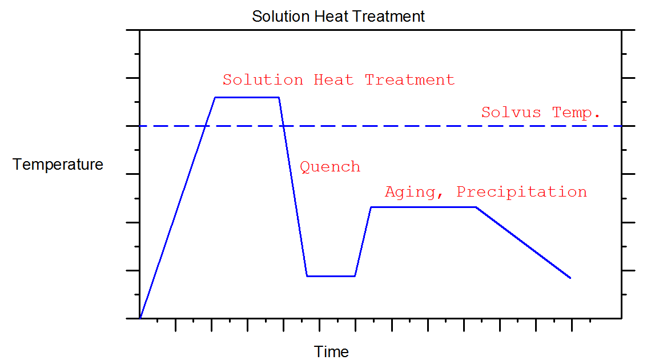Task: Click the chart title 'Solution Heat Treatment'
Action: coord(338,16)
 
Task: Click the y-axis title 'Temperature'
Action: coord(58,165)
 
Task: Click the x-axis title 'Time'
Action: coord(331,351)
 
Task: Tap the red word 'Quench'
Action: coord(330,167)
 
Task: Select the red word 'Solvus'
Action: coord(511,113)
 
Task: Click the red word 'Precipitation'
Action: coord(521,192)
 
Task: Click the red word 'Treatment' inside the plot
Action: coord(409,79)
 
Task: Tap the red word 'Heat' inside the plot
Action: coord(333,79)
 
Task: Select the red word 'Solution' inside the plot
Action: coord(263,79)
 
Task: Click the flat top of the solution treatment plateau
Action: coord(247,97)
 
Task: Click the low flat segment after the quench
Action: coord(331,276)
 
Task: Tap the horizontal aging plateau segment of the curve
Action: coord(423,207)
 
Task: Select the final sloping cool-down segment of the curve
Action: coord(523,242)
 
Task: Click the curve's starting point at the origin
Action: coord(140,317)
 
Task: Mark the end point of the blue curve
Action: coord(570,278)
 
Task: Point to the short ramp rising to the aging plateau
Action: coord(363,241)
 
